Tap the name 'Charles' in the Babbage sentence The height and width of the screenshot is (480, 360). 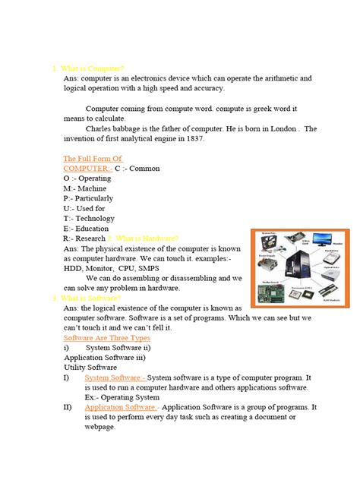tap(101, 128)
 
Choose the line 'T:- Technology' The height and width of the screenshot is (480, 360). tap(89, 218)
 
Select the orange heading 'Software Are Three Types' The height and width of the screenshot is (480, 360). tap(107, 337)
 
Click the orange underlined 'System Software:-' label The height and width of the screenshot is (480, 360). tap(115, 377)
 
